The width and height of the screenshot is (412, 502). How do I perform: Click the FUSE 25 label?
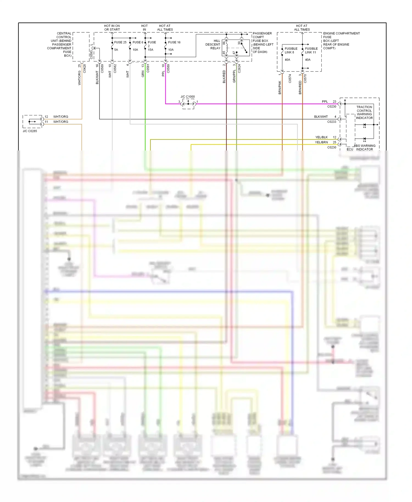click(x=120, y=42)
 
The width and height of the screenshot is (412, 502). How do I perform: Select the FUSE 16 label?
click(x=174, y=42)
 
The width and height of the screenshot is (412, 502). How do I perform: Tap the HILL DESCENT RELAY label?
click(x=213, y=44)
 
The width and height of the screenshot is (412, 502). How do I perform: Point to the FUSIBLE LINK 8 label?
click(x=291, y=51)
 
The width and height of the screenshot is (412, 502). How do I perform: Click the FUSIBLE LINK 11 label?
click(x=311, y=51)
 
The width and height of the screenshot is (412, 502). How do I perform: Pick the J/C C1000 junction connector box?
click(x=188, y=104)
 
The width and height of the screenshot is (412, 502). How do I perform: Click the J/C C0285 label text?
click(x=30, y=131)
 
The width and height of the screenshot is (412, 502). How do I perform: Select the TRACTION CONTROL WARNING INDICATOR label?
click(x=364, y=112)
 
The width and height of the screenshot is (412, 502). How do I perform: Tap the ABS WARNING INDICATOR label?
click(x=365, y=147)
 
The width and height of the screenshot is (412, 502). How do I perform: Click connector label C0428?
click(x=85, y=68)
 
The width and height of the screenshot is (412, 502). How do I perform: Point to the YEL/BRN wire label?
click(x=321, y=142)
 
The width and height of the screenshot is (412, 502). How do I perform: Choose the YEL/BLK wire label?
click(x=321, y=137)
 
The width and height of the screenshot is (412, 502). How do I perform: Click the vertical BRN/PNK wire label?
click(x=280, y=87)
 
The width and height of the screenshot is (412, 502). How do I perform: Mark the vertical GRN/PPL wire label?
click(x=234, y=76)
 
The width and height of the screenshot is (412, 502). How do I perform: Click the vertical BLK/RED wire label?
click(x=224, y=77)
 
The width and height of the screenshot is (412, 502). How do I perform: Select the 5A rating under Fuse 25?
click(x=116, y=50)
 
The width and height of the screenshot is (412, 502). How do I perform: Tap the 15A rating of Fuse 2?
click(x=151, y=50)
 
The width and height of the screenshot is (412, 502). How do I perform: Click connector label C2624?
click(x=239, y=68)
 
